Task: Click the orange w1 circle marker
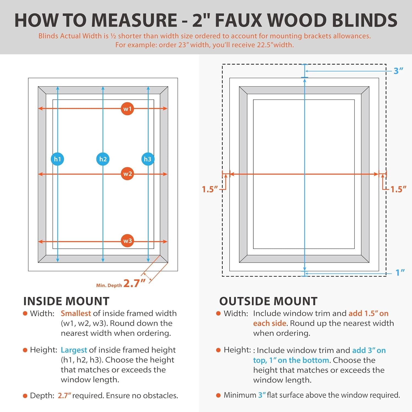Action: coord(127,109)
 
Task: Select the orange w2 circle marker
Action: coord(127,174)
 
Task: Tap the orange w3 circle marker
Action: coord(127,241)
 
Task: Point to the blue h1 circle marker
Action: coord(57,159)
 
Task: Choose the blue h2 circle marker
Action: coord(103,159)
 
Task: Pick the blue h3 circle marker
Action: coord(148,159)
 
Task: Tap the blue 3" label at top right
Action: coord(398,71)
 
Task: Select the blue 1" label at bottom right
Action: coord(400,272)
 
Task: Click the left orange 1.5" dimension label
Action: coord(210,189)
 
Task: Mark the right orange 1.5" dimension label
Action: coord(398,189)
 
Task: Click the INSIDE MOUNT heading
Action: coord(66,301)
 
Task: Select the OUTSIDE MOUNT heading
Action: coord(268,301)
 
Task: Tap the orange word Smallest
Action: coord(76,313)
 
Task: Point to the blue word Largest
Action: coord(74,350)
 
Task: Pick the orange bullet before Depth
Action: coord(25,396)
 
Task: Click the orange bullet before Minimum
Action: coord(218,395)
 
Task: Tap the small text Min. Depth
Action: coord(109,285)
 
